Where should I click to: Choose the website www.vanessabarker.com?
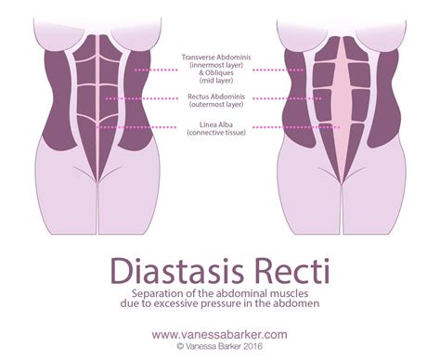tap(219, 331)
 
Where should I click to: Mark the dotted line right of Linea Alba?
tap(283, 127)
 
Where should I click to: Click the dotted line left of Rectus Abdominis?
tap(139, 97)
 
